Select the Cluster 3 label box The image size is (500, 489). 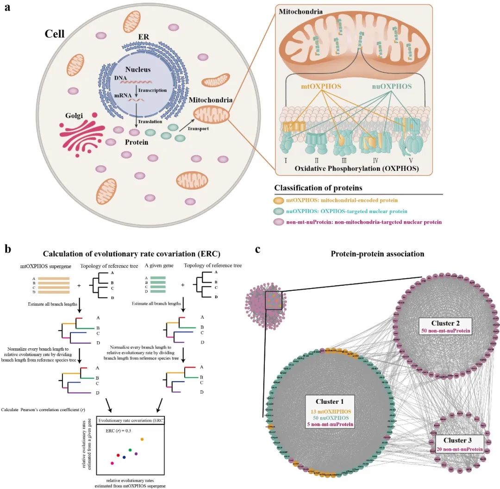click(459, 444)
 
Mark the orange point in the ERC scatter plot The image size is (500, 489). click(142, 439)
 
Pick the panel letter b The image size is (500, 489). click(8, 249)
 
